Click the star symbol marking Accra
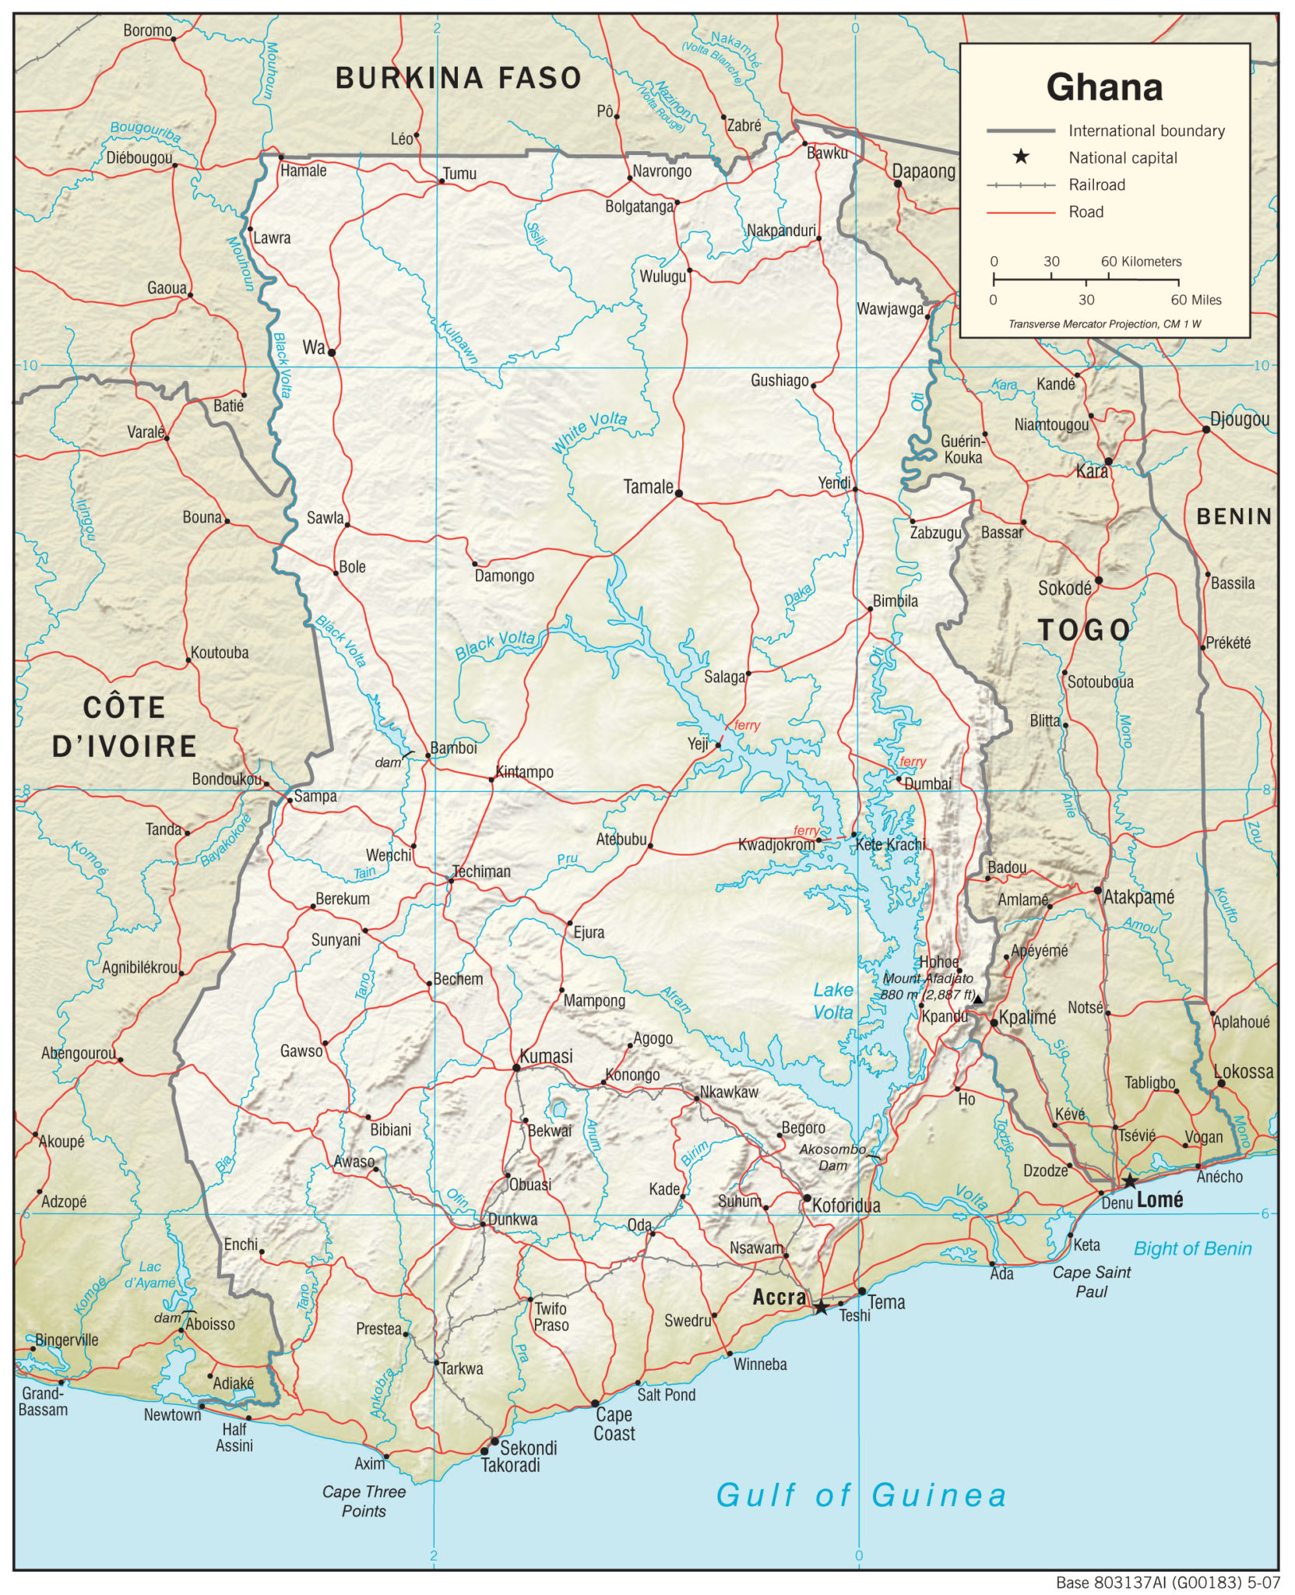point(821,1307)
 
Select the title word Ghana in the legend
point(1103,87)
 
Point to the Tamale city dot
point(678,493)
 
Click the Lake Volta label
point(832,1001)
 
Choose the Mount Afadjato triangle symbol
point(979,999)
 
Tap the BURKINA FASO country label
point(458,78)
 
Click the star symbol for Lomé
point(1128,1181)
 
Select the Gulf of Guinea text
point(860,1495)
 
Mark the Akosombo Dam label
point(832,1157)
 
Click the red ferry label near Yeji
point(747,725)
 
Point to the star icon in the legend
point(1020,157)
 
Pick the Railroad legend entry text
point(1096,185)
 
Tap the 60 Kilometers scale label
point(1141,262)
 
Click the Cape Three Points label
point(364,1501)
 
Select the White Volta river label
point(589,431)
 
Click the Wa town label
point(313,348)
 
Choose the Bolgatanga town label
point(639,207)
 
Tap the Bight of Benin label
point(1191,1248)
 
